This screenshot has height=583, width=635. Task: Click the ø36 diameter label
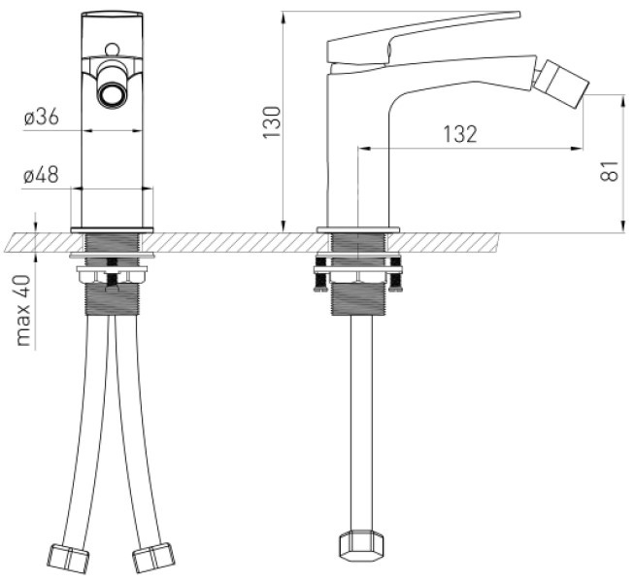click(x=42, y=118)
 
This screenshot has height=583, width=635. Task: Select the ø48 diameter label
click(x=41, y=175)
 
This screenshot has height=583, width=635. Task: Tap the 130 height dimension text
click(x=272, y=122)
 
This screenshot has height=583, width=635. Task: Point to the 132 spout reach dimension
click(x=460, y=134)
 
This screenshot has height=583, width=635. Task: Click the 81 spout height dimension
click(x=610, y=171)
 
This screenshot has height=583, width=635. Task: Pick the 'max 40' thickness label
click(x=23, y=310)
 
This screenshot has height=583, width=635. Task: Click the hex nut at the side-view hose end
click(x=360, y=545)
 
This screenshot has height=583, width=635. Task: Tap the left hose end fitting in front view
click(x=68, y=559)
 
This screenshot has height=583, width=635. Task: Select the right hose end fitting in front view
click(x=153, y=558)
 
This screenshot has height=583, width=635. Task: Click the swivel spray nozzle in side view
click(x=561, y=83)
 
